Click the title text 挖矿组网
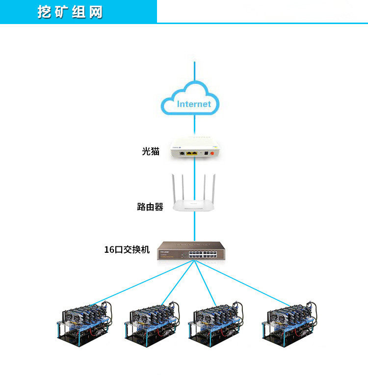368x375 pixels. point(70,12)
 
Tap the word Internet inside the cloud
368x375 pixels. point(194,104)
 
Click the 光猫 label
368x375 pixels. point(151,151)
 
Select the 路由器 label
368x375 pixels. point(150,207)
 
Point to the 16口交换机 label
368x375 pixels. point(127,250)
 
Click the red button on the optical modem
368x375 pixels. point(212,153)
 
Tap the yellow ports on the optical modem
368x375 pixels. point(192,153)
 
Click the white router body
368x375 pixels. point(194,205)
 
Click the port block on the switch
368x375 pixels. point(203,254)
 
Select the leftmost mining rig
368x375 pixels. point(85,323)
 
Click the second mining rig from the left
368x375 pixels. point(152,324)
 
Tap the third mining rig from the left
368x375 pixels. point(216,324)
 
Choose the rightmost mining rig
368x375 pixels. point(289,323)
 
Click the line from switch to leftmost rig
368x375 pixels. point(143,283)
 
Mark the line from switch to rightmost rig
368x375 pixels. point(242,283)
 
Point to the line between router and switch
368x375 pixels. point(194,226)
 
